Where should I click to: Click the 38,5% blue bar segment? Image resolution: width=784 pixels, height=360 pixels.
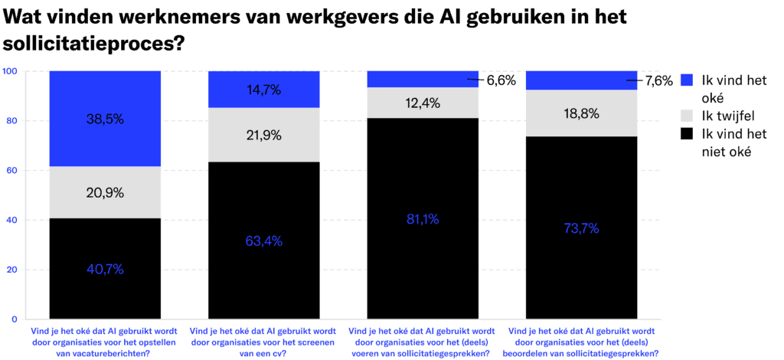pyautogui.click(x=105, y=119)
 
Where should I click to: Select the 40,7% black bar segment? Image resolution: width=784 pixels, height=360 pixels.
pyautogui.click(x=105, y=268)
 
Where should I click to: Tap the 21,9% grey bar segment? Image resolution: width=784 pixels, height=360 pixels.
pyautogui.click(x=264, y=135)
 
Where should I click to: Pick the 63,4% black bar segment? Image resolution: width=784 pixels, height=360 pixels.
pyautogui.click(x=264, y=241)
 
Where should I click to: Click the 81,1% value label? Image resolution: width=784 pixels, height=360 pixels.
pyautogui.click(x=423, y=219)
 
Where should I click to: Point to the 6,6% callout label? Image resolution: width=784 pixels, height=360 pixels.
pyautogui.click(x=501, y=80)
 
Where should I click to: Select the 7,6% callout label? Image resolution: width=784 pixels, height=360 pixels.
pyautogui.click(x=658, y=80)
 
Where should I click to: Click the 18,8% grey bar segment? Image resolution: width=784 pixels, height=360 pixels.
pyautogui.click(x=582, y=113)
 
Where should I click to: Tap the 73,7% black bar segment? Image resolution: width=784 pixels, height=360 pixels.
pyautogui.click(x=582, y=227)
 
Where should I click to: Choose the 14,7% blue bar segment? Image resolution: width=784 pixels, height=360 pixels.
pyautogui.click(x=264, y=90)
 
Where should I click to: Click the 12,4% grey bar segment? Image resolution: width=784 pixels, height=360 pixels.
pyautogui.click(x=423, y=103)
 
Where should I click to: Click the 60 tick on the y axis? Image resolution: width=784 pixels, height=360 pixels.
pyautogui.click(x=11, y=170)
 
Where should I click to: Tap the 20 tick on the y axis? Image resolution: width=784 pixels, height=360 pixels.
pyautogui.click(x=11, y=270)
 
